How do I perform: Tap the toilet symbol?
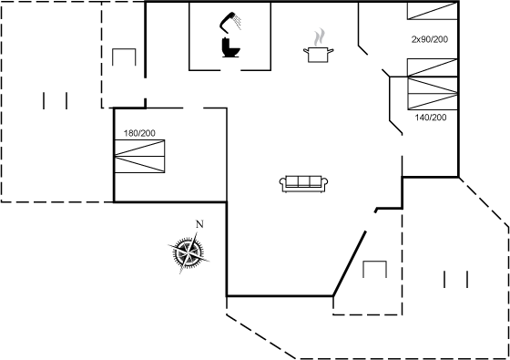[x=230, y=47]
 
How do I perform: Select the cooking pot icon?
[x=318, y=54]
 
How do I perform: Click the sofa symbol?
[x=303, y=184]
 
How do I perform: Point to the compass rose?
[x=189, y=252]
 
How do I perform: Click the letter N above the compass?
[x=199, y=224]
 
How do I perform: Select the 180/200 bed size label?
[x=139, y=133]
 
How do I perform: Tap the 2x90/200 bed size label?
[x=430, y=39]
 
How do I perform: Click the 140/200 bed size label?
[x=431, y=118]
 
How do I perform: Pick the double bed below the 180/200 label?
[x=140, y=156]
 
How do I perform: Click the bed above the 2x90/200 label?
[x=433, y=11]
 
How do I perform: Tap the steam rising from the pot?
[x=320, y=37]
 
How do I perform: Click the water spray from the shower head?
[x=238, y=22]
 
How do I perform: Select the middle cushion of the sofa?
[x=304, y=181]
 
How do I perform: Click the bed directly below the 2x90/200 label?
[x=433, y=67]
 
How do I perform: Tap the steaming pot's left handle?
[x=306, y=50]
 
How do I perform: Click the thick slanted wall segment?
[x=350, y=263]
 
